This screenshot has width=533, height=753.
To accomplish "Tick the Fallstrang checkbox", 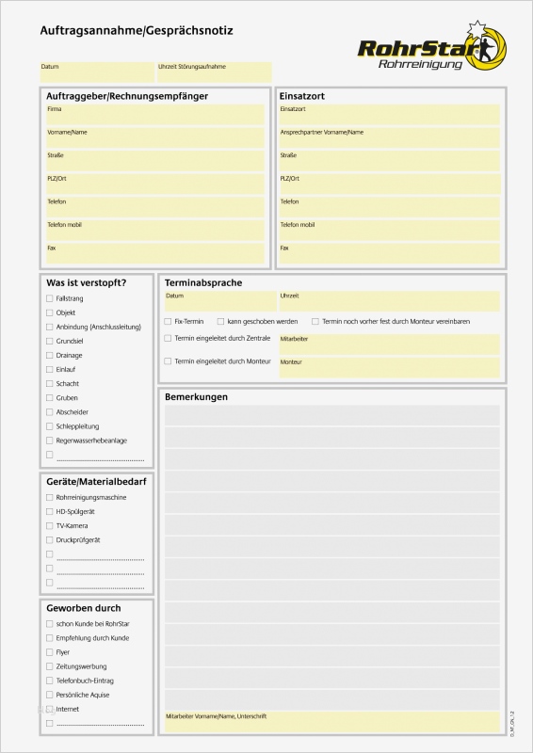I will coord(49,297).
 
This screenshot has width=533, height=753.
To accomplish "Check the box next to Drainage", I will coord(49,355).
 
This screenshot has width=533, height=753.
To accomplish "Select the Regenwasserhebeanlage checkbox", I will coord(49,441).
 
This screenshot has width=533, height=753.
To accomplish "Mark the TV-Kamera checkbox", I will coord(49,525).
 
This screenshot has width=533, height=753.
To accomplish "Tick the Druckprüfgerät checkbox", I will coord(49,539).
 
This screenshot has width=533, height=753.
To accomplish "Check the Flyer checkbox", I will coord(49,652).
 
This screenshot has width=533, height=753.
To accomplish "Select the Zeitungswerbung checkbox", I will coord(49,666).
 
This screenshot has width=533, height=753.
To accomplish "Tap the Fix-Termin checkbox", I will coord(168,321).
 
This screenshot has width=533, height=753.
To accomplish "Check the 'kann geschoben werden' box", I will coord(220,321).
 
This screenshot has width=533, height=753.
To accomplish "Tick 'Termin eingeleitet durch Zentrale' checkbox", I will coord(168,338).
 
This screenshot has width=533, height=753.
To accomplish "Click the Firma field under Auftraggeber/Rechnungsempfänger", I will coord(155,115).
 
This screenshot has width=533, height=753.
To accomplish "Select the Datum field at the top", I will coord(97,72).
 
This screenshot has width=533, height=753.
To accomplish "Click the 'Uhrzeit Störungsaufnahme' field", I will coord(215,72).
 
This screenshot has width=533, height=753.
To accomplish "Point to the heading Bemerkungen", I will coord(196,397).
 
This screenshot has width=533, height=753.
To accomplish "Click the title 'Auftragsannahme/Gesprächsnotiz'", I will coord(137,31).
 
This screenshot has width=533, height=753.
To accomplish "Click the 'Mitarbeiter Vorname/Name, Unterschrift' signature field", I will coord(332,722).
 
